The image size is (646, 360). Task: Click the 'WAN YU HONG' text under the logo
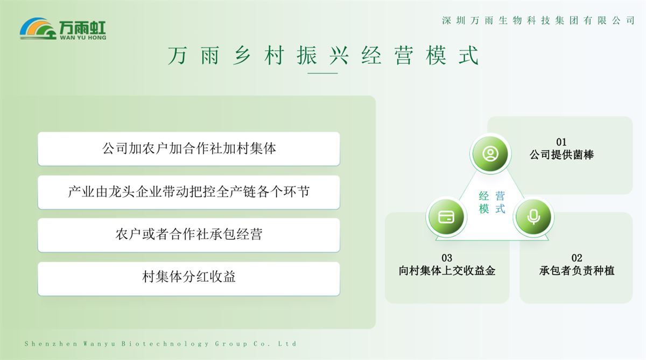point(83,38)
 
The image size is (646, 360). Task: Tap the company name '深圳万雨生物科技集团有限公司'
point(538,20)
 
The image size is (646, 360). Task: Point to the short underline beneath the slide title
point(322,73)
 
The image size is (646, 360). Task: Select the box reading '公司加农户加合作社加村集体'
point(188,149)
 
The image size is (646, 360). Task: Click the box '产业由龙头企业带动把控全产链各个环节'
point(188,192)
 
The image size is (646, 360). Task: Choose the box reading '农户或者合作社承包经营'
point(188,235)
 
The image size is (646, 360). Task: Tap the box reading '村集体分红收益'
point(188,278)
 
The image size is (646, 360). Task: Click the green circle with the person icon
point(490,153)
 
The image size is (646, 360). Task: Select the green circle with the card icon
point(446,217)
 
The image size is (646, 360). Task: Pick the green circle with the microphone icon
point(533,217)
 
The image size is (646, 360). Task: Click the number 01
point(561,142)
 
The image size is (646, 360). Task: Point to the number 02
point(577,258)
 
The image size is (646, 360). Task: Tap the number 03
point(447,258)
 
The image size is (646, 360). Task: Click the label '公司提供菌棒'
point(561,155)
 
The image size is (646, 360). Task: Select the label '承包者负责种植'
point(577,271)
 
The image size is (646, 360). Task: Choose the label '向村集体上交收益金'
point(447,271)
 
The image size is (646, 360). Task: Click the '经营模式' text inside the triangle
point(492,202)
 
